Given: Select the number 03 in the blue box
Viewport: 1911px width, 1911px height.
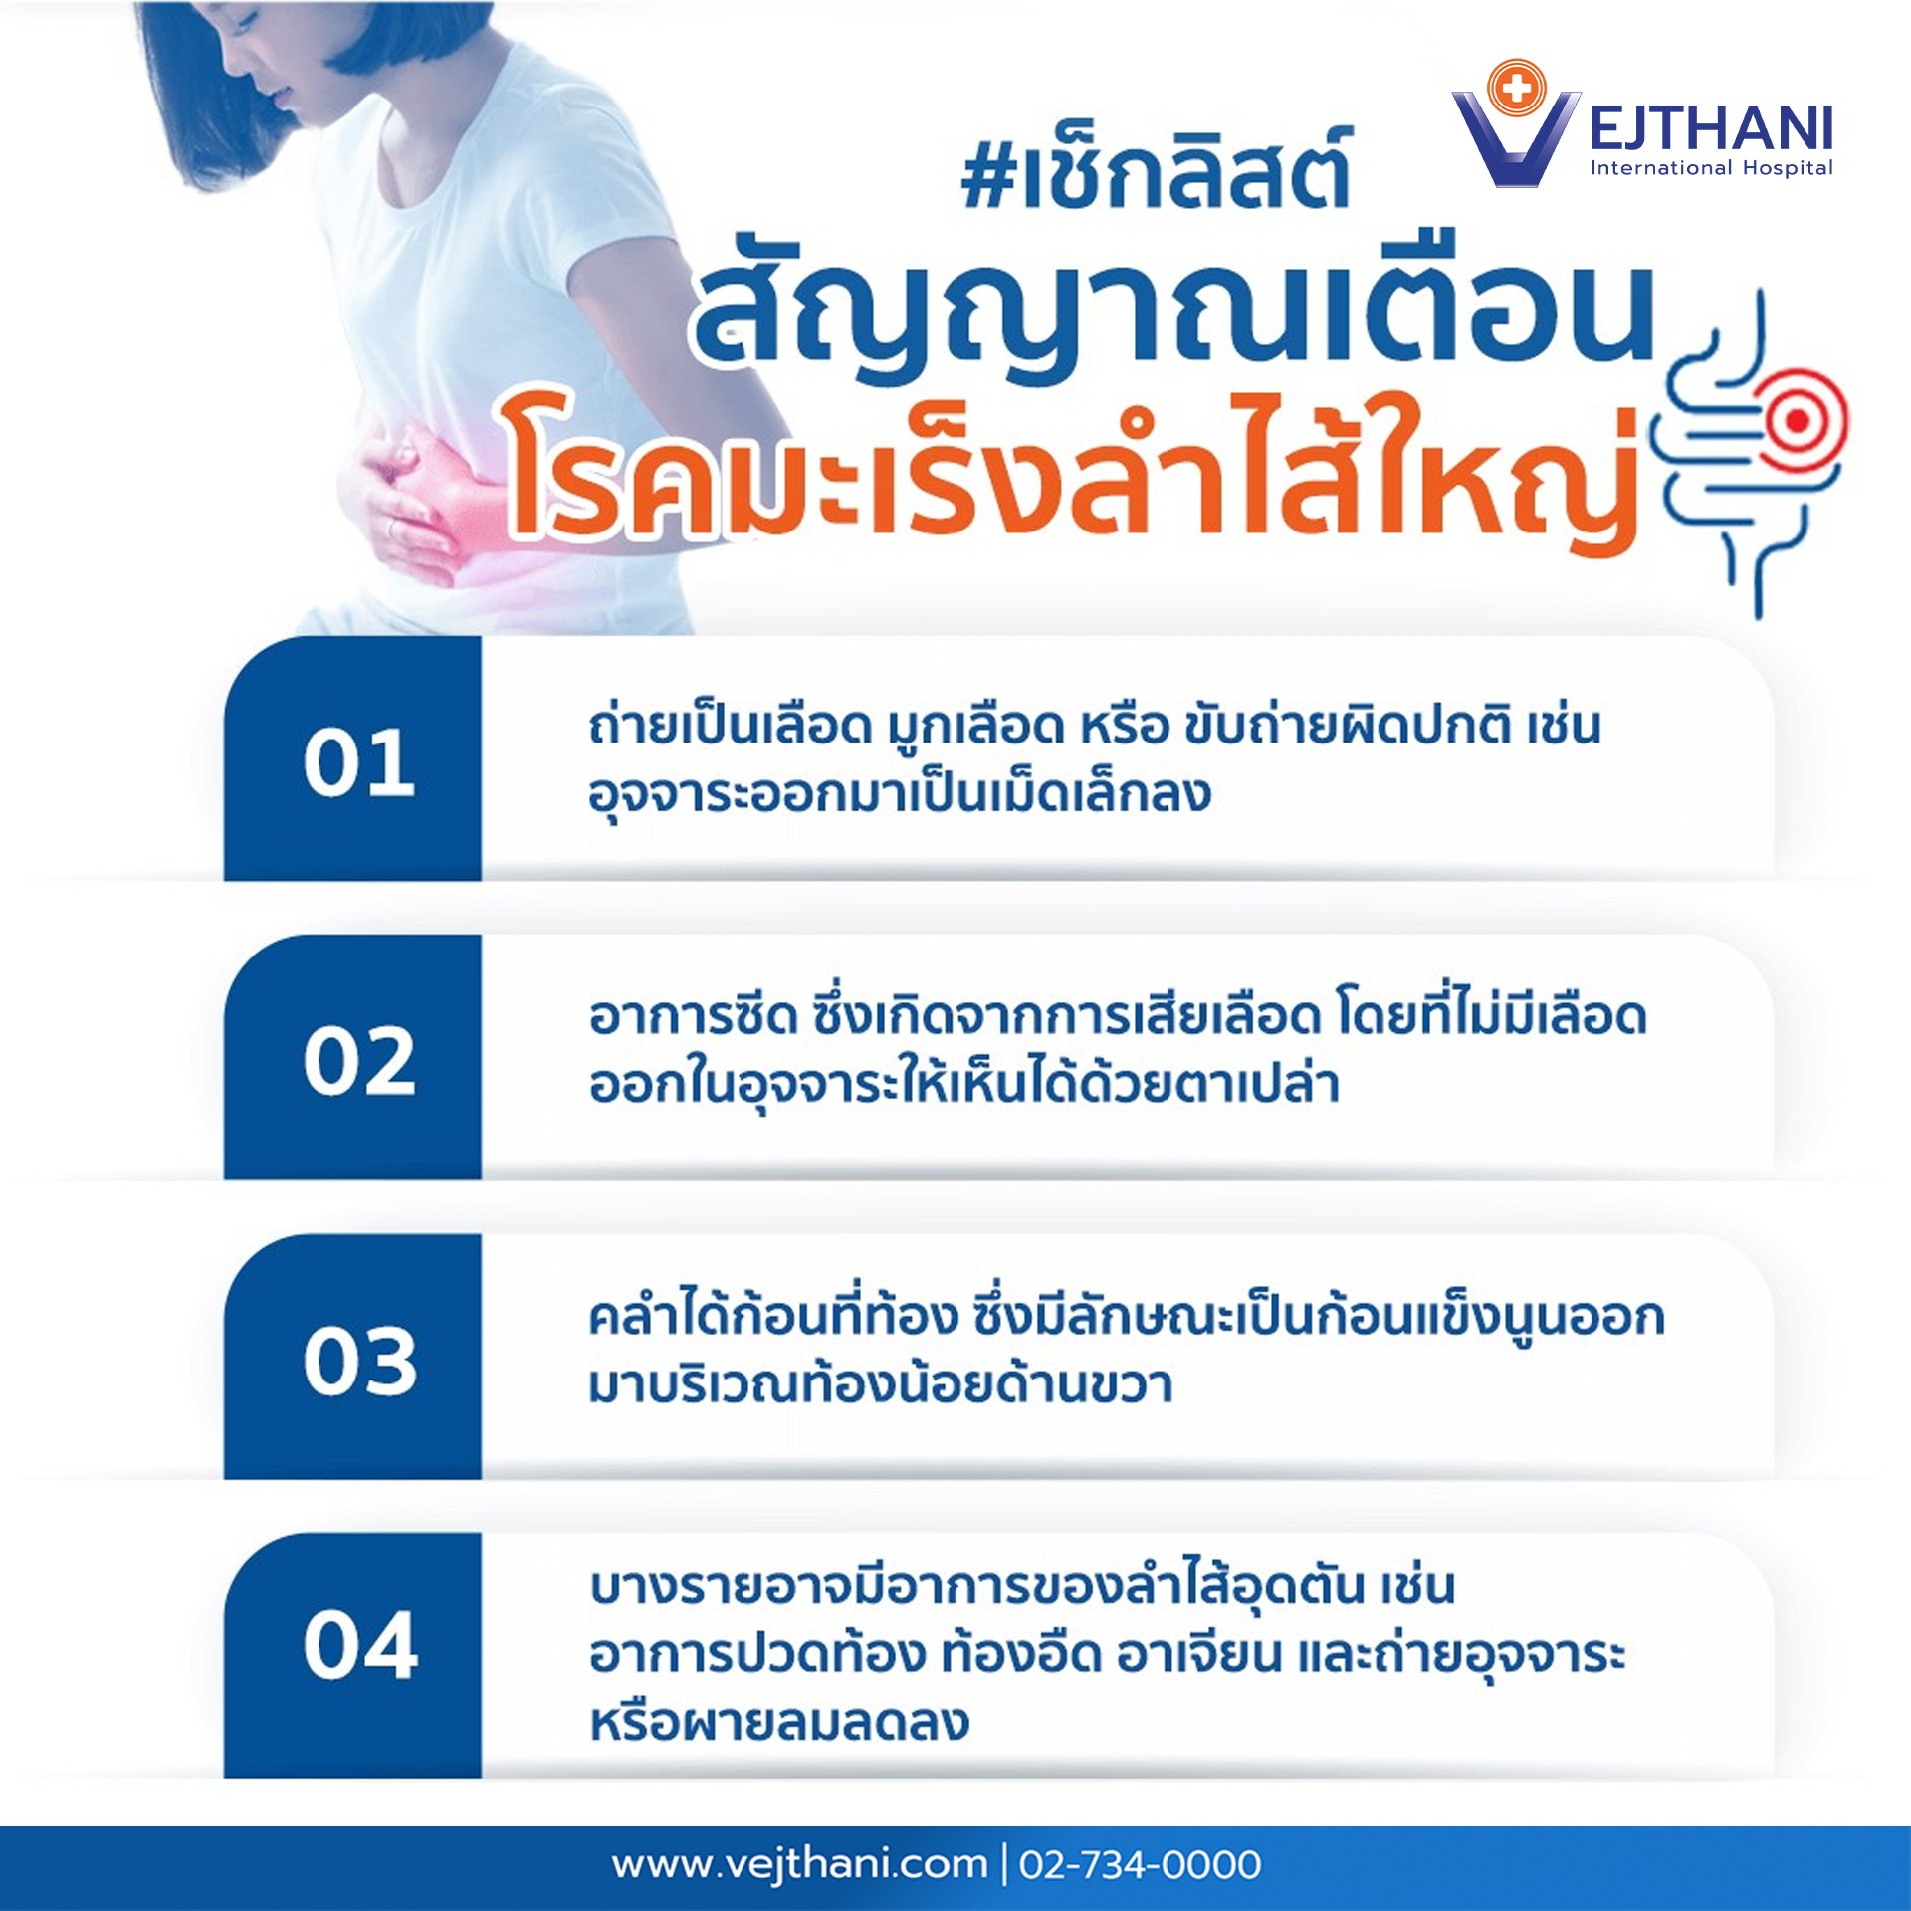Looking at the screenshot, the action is pyautogui.click(x=360, y=1360).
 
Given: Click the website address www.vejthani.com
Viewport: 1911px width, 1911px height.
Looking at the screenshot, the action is pyautogui.click(x=800, y=1863).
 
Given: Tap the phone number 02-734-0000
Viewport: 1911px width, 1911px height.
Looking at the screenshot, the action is pyautogui.click(x=1141, y=1863).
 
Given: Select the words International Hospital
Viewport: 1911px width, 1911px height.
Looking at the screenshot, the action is pyautogui.click(x=1711, y=168).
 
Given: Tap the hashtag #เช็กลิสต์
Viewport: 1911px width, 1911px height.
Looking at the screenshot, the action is pyautogui.click(x=1156, y=171).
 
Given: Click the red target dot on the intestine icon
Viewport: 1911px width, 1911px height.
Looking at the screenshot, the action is pyautogui.click(x=1798, y=421).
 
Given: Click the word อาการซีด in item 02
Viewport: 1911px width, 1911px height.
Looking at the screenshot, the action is pyautogui.click(x=694, y=1016).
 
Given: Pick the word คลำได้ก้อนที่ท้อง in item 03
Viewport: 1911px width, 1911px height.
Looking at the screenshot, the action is pyautogui.click(x=773, y=1315).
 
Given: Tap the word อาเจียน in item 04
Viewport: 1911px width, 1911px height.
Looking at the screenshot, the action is pyautogui.click(x=1199, y=1655).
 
